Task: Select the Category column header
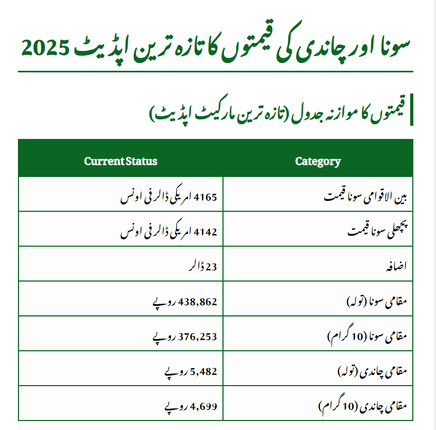(318, 161)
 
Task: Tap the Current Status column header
(121, 161)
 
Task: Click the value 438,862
(198, 302)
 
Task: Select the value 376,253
(198, 336)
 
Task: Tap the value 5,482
(204, 371)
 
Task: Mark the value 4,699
(204, 406)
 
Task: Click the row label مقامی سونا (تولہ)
(376, 302)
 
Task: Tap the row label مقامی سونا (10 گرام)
(367, 336)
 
